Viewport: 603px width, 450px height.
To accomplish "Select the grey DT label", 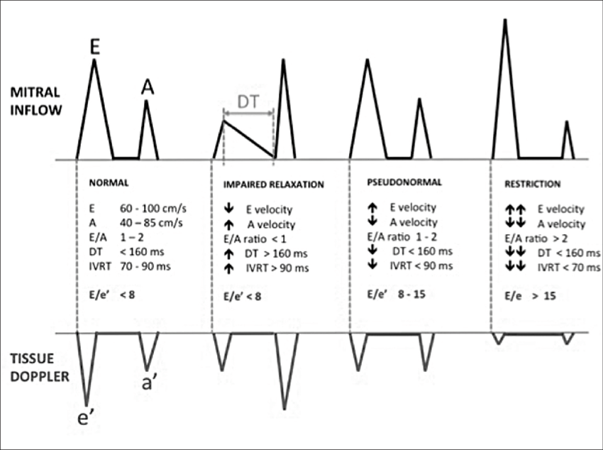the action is pos(248,102).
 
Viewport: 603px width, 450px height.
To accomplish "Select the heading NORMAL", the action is pos(109,182).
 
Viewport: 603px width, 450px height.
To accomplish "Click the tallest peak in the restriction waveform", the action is pos(505,21).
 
